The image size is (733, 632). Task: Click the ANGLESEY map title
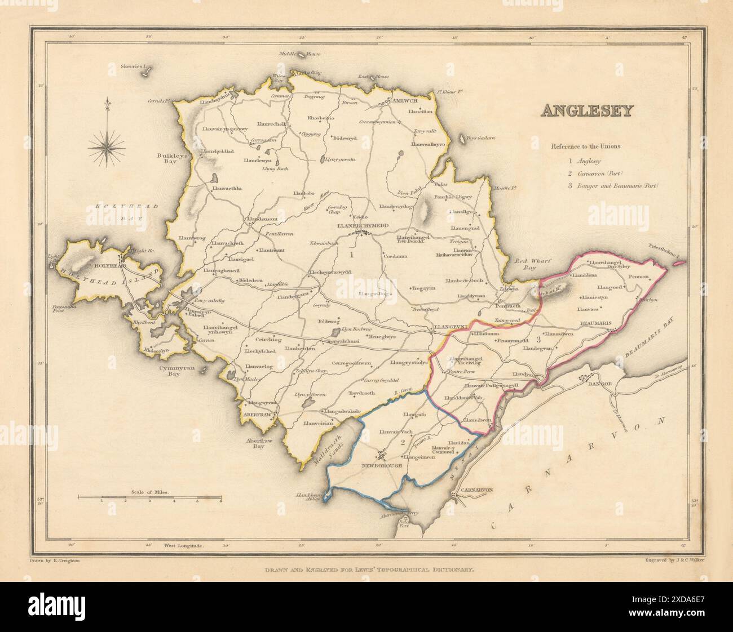[586, 111]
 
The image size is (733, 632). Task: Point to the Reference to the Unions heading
[585, 146]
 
